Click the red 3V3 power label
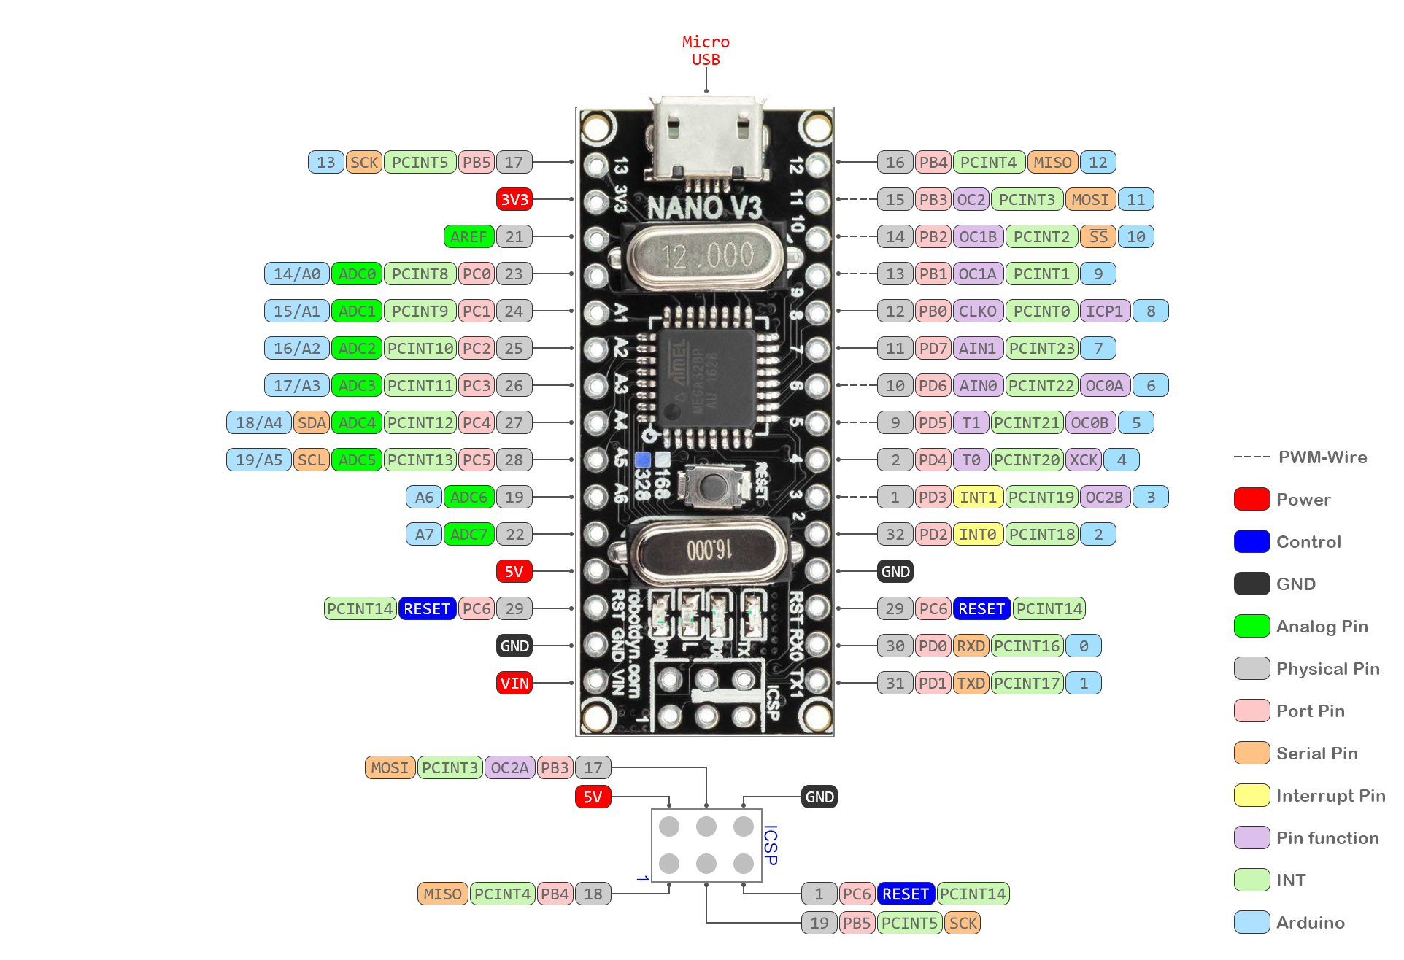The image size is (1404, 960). [x=514, y=199]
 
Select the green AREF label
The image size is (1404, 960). [x=468, y=236]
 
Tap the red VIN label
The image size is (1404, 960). [x=514, y=683]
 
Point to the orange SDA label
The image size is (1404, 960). [x=312, y=422]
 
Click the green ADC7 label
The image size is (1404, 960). [x=468, y=534]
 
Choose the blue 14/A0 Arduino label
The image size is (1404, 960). [x=296, y=274]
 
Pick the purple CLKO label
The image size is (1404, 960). [x=977, y=311]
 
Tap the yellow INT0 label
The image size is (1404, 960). [x=977, y=534]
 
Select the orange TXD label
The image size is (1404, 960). [x=971, y=683]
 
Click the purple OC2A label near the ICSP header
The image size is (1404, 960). [x=509, y=767]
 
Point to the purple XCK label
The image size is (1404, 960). [x=1084, y=460]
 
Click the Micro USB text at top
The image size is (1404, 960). [x=706, y=50]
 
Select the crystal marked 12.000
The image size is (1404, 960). [x=705, y=256]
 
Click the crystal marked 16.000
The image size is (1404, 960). [x=709, y=549]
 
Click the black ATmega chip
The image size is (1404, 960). [x=705, y=378]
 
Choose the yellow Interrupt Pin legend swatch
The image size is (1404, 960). [x=1251, y=795]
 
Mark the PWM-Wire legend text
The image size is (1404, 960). [x=1322, y=457]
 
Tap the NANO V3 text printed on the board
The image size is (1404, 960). [x=704, y=208]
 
